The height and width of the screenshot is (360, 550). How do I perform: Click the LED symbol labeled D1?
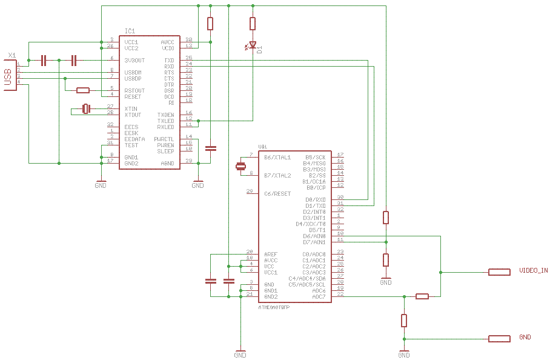(253, 45)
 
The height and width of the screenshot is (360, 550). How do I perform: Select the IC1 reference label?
(130, 31)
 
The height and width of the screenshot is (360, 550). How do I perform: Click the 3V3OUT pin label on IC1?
(134, 60)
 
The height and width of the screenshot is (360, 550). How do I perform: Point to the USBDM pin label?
(133, 72)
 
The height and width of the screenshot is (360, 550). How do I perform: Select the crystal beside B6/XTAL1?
(240, 166)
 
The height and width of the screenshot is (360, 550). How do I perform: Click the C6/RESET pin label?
(277, 193)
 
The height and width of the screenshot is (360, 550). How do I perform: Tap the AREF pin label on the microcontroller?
(271, 254)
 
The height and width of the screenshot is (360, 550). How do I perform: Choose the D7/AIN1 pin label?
(314, 242)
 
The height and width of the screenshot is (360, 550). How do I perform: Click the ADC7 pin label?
(319, 296)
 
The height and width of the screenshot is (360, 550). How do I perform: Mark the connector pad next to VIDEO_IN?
(499, 272)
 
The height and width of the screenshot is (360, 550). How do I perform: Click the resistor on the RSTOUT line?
(83, 91)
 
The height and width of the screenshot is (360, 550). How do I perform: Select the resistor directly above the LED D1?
(253, 24)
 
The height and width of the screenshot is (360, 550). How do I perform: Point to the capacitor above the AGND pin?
(210, 148)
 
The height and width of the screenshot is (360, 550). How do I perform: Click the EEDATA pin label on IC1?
(134, 139)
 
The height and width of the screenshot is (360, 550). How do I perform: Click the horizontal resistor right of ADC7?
(422, 296)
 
